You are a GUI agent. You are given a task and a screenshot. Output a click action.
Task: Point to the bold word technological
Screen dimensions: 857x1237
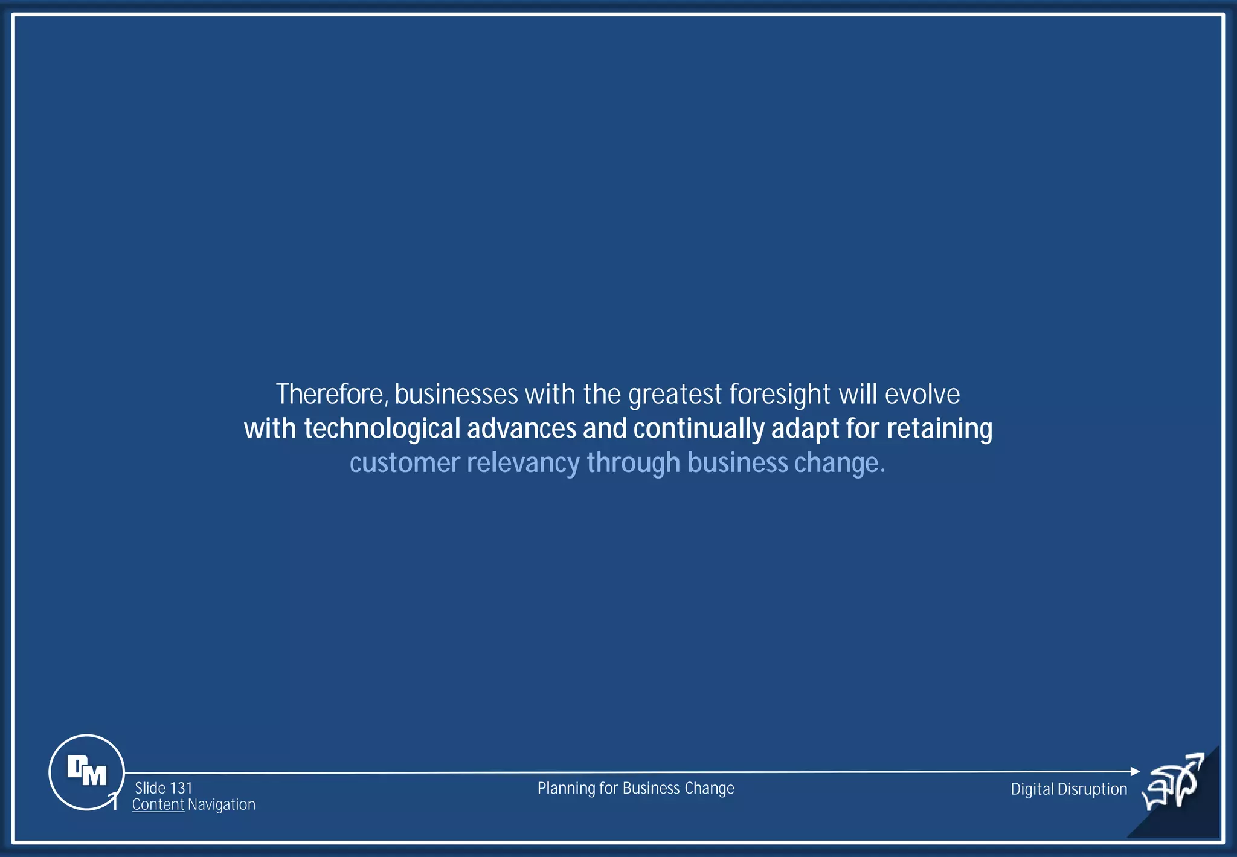click(382, 429)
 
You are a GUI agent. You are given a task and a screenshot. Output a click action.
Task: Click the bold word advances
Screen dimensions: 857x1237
click(521, 429)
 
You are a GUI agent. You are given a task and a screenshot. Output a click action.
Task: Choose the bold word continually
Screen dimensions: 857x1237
click(698, 429)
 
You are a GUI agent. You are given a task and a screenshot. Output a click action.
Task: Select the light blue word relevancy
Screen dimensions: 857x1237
click(523, 464)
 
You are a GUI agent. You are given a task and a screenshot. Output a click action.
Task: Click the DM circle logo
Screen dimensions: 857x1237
click(86, 772)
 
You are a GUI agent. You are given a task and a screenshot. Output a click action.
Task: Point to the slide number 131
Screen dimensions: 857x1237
click(181, 788)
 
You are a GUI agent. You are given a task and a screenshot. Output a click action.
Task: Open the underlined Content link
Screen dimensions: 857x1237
click(158, 804)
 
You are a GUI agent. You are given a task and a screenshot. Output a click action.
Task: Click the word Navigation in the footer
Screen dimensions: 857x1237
click(222, 804)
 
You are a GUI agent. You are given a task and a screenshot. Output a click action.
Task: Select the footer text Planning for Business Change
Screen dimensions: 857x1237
click(635, 788)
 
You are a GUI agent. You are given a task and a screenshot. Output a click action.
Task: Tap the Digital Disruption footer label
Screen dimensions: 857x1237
click(1068, 789)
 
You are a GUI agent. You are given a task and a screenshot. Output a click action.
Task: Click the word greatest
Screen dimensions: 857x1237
click(675, 395)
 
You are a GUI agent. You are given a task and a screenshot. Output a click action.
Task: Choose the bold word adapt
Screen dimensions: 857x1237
click(805, 429)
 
